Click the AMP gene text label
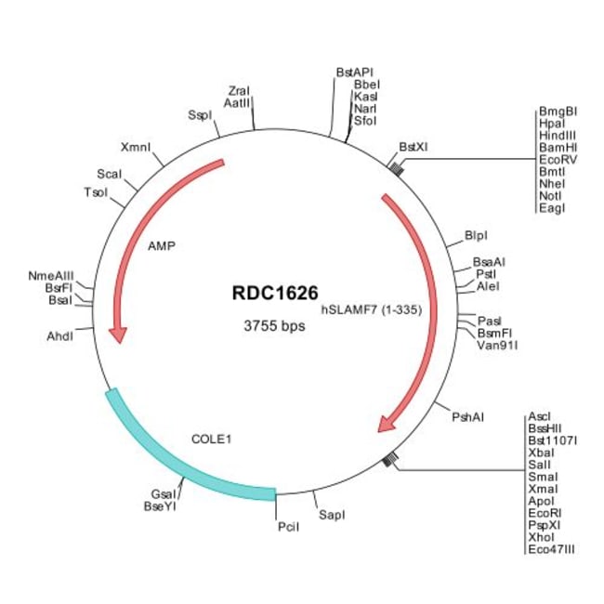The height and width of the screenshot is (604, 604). [x=161, y=247]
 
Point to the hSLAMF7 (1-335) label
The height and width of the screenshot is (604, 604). [x=372, y=310]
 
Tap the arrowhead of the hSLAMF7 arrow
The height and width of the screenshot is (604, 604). [x=388, y=424]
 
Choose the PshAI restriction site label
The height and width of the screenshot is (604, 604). [x=467, y=417]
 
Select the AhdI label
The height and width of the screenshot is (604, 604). [x=59, y=335]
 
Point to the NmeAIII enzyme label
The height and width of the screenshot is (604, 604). [x=50, y=275]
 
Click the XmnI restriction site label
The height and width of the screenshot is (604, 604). [x=137, y=147]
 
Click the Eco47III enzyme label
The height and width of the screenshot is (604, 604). [x=551, y=549]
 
